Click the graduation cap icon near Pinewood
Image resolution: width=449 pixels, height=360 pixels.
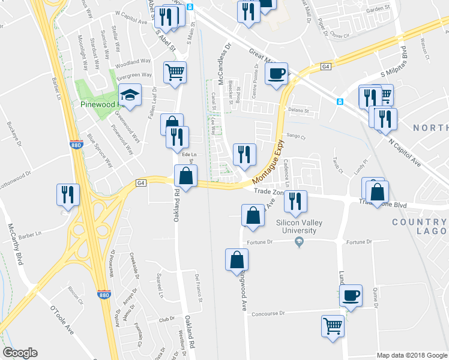coord(129,94)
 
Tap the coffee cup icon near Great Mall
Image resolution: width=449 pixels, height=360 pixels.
coord(276,74)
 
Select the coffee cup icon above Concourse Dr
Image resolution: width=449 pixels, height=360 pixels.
coord(351,295)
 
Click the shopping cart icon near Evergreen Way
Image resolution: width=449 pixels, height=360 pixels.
coord(175,72)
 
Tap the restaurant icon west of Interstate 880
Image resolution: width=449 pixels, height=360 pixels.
coord(67,194)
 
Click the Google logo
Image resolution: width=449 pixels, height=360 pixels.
coord(20,353)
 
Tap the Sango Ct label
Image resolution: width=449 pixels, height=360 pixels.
coord(296,136)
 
